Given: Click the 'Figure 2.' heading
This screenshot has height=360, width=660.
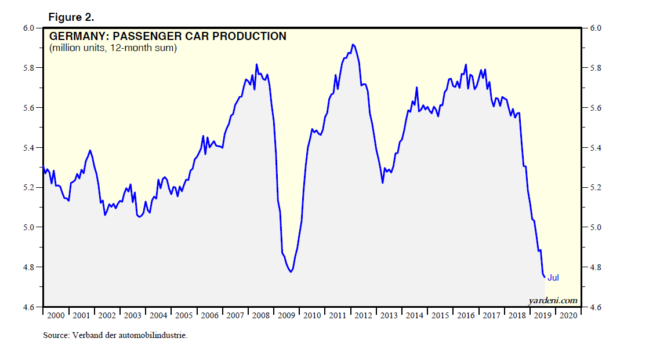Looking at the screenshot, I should [x=71, y=17].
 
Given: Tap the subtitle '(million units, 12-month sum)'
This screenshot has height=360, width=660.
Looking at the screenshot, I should [x=113, y=48].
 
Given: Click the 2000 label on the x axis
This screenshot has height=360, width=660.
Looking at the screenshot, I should [x=56, y=316].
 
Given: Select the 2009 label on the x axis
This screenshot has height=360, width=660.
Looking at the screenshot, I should [x=287, y=316].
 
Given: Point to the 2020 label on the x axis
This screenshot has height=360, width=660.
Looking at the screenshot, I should [x=568, y=316].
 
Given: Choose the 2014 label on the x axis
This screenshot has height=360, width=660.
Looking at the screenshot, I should [x=414, y=316].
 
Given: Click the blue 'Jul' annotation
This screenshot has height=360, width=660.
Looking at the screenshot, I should [x=553, y=278].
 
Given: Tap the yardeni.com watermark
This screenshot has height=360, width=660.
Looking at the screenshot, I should [x=553, y=300].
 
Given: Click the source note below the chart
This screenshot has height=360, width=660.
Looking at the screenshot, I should [x=115, y=336].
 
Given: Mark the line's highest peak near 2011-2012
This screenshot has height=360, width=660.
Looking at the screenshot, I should [x=353, y=44].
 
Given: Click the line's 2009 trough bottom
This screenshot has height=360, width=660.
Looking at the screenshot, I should [x=291, y=272].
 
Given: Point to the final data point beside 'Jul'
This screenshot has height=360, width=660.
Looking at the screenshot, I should [x=545, y=277].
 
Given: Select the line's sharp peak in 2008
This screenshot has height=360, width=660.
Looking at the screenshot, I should [x=256, y=64].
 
